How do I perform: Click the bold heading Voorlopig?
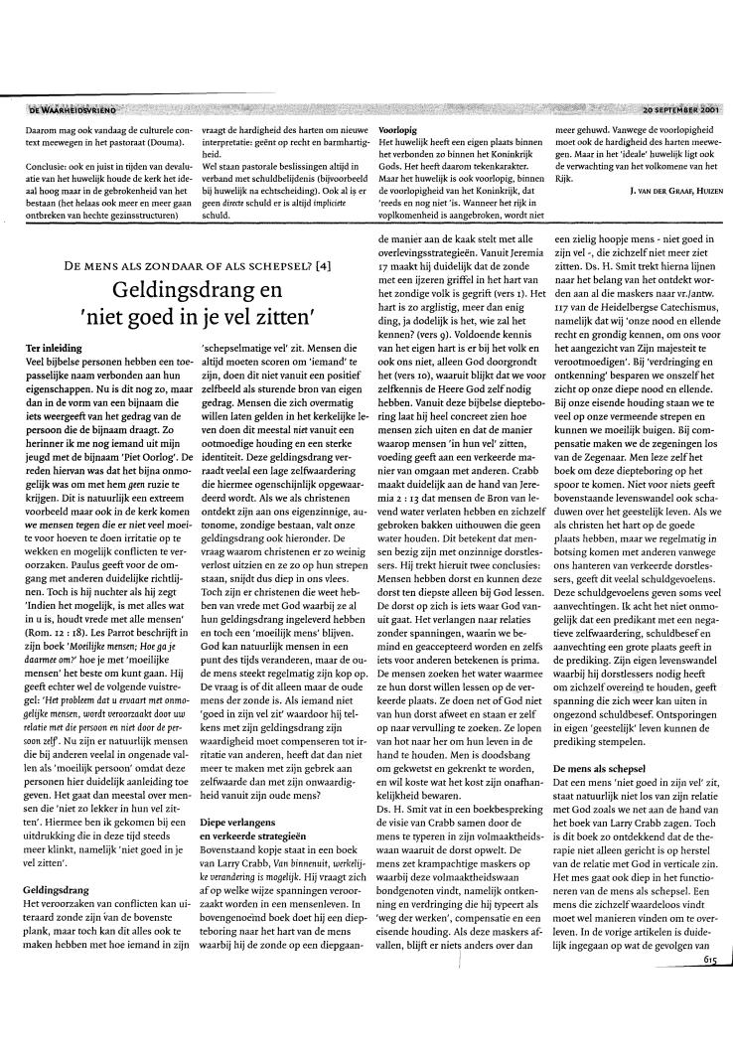click(x=398, y=130)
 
